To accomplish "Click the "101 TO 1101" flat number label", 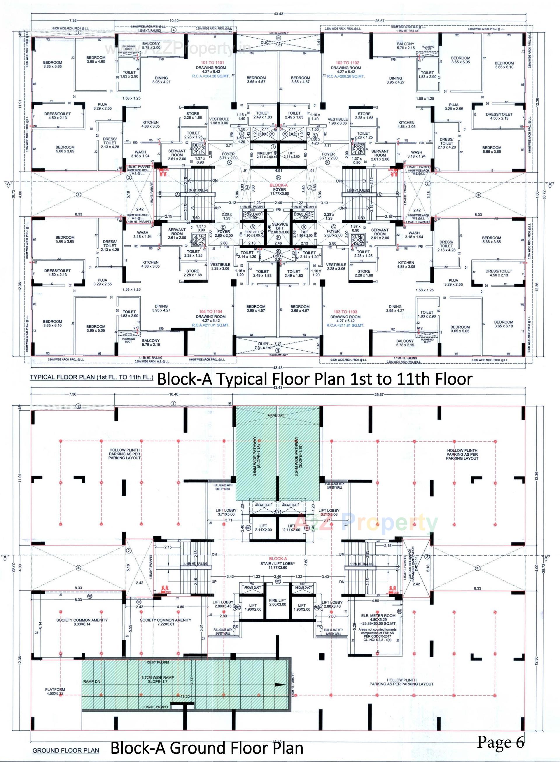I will point(212,63).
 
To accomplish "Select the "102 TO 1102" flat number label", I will point(347,63).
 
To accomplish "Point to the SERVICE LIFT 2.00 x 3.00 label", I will point(280,228).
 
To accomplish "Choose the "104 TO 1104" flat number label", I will point(211,312).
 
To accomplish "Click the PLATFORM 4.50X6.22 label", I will point(55,691).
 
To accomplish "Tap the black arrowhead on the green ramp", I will point(280,685).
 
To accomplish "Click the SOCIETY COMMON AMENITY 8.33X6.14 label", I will point(82,622).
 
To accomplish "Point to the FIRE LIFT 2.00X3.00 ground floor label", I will point(278,602).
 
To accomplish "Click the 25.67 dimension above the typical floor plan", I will point(380,21).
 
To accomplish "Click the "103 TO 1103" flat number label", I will point(345,312).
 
